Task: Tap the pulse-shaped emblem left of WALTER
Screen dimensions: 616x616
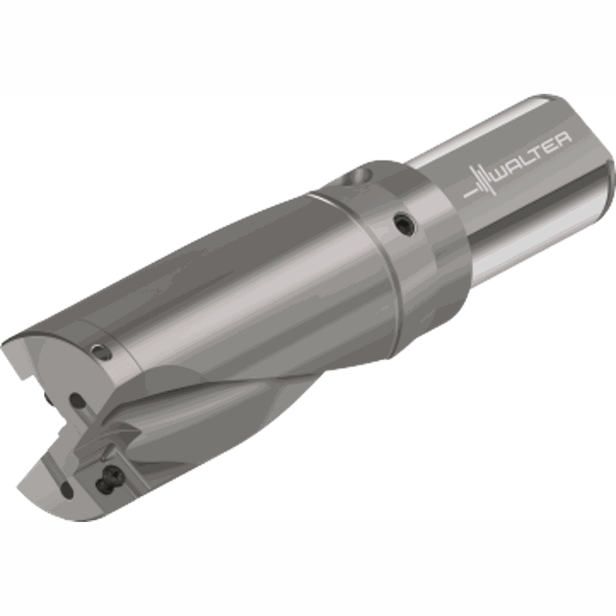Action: point(481,183)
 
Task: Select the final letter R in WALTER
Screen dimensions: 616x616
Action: point(564,139)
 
